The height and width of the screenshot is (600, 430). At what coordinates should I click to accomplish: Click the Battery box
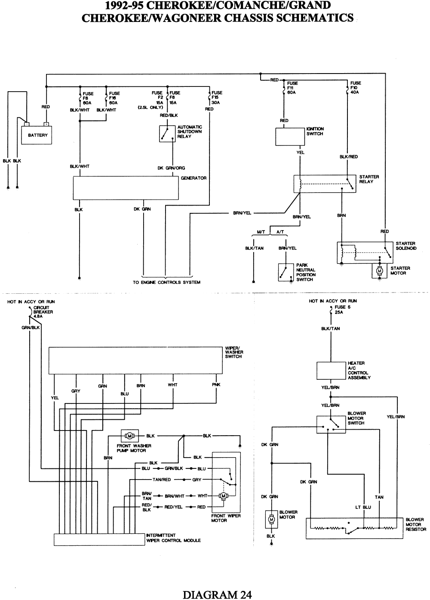pos(37,135)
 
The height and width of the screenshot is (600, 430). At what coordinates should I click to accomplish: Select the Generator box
pos(126,188)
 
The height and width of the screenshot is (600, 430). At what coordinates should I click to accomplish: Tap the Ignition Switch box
pos(290,137)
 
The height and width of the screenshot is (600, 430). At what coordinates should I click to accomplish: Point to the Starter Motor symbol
pos(379,271)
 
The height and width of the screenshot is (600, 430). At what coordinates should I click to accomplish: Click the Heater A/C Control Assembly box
pos(331,371)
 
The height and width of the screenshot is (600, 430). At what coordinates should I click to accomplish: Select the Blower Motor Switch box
pos(331,424)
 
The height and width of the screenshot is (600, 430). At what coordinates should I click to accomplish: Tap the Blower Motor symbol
pos(271,519)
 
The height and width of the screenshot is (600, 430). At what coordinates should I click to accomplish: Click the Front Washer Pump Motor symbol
pos(129,436)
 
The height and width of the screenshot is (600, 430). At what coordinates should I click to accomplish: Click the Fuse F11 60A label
pos(292,88)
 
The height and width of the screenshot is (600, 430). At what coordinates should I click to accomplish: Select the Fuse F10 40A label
pos(356,88)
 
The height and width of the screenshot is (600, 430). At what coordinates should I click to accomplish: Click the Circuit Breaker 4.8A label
pos(43,312)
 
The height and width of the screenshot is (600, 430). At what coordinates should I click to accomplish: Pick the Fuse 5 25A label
pos(340,310)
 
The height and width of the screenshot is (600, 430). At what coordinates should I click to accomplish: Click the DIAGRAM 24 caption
pos(217,594)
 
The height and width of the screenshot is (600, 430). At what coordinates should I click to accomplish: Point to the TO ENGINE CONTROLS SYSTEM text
pos(166,283)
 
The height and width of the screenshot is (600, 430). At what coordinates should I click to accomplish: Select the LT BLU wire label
pos(363,507)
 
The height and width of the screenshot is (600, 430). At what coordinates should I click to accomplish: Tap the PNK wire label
pos(216,385)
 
